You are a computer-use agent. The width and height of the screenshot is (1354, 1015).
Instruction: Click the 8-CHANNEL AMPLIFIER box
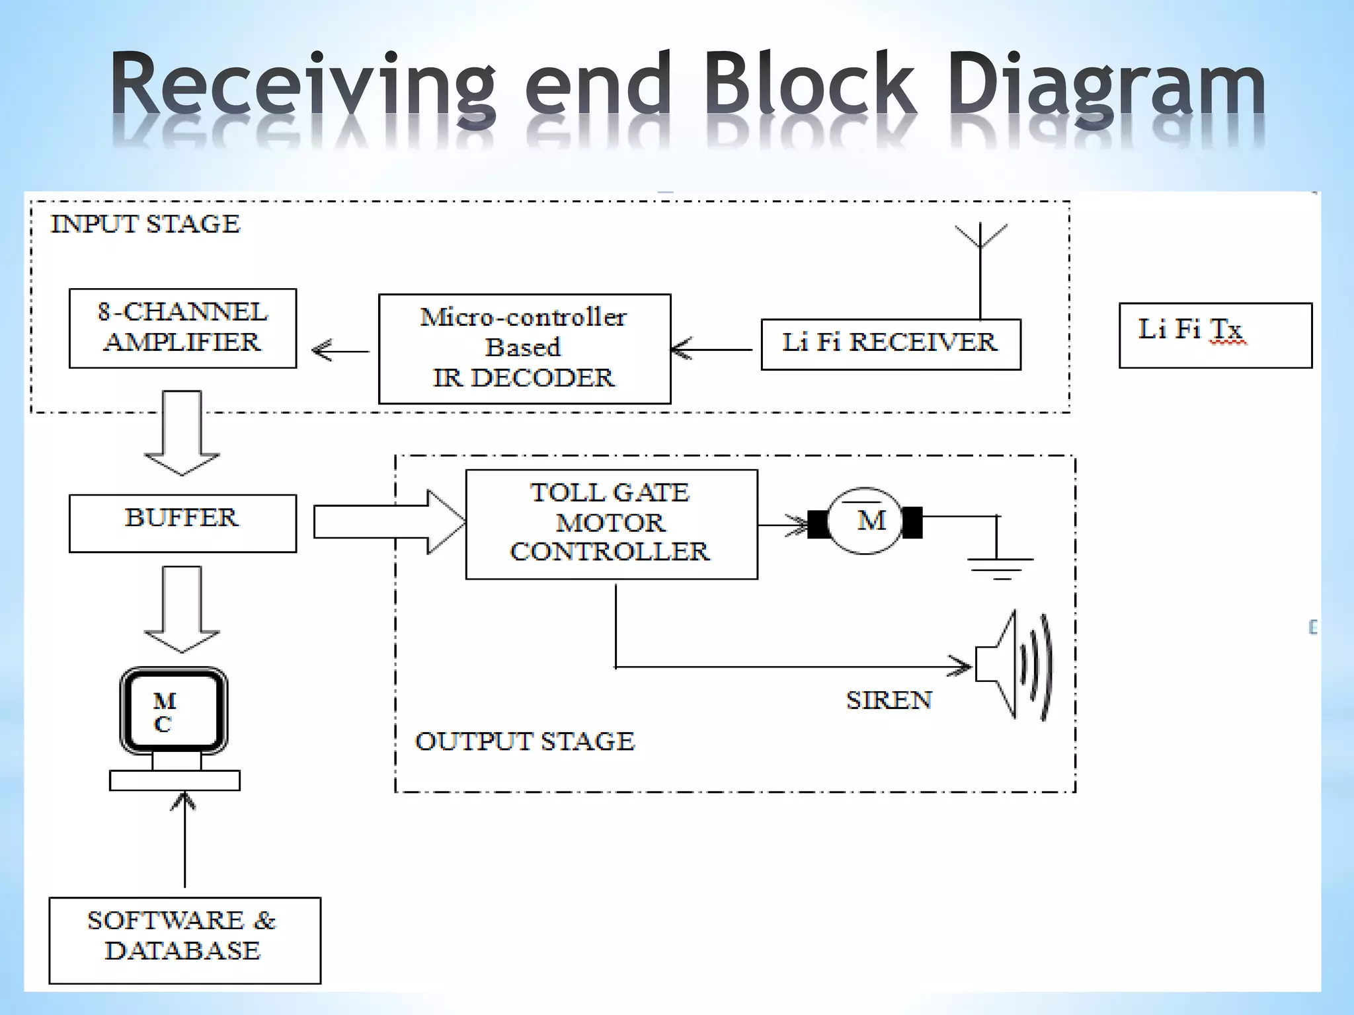click(x=182, y=328)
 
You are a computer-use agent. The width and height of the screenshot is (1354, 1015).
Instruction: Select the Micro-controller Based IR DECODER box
click(x=524, y=348)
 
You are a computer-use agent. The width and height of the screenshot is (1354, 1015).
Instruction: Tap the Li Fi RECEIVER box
click(x=890, y=344)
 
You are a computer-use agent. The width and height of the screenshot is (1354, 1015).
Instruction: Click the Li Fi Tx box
click(x=1215, y=335)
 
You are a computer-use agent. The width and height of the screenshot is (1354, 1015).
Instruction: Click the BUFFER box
click(x=182, y=523)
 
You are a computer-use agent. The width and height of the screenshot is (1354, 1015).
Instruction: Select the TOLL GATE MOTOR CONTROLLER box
click(x=611, y=524)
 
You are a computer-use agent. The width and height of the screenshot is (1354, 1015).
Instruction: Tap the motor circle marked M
click(x=865, y=521)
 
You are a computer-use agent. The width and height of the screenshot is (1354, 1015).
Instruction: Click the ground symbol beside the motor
click(x=1000, y=565)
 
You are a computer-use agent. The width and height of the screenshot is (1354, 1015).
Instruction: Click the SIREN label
click(x=889, y=700)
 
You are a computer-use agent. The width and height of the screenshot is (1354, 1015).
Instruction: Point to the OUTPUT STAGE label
click(x=524, y=741)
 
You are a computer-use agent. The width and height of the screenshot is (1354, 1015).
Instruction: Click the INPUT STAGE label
click(x=145, y=224)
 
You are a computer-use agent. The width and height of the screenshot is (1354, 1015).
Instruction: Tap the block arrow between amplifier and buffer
click(x=182, y=433)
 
